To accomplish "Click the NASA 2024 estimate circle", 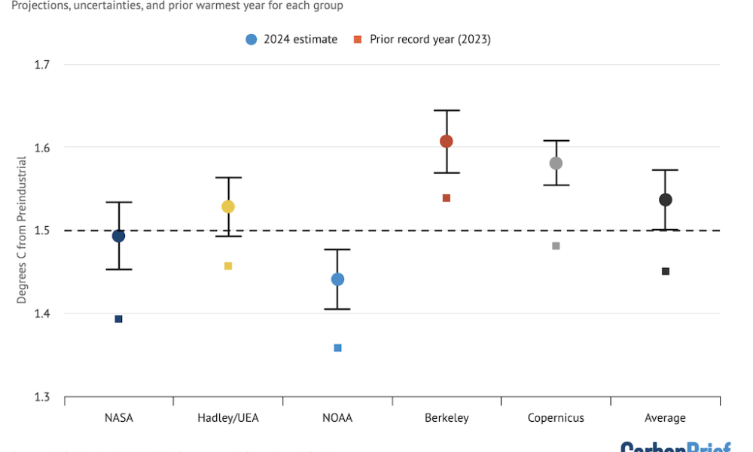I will pyautogui.click(x=118, y=236).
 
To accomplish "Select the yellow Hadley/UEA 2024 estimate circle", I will pyautogui.click(x=228, y=206).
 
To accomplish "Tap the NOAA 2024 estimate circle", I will pyautogui.click(x=337, y=279).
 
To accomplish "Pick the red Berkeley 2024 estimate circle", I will pyautogui.click(x=447, y=142).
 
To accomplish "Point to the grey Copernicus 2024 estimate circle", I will pyautogui.click(x=556, y=163).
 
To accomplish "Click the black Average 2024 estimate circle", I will pyautogui.click(x=666, y=200).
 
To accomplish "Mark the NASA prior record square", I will pyautogui.click(x=118, y=319).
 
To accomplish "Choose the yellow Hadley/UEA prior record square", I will pyautogui.click(x=228, y=266).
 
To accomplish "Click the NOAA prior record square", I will pyautogui.click(x=337, y=348).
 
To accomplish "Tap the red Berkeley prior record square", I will pyautogui.click(x=447, y=198).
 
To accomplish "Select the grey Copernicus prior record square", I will pyautogui.click(x=556, y=246).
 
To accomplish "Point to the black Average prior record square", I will pyautogui.click(x=666, y=271).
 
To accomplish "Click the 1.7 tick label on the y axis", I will pyautogui.click(x=41, y=65).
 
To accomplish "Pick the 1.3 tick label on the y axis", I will pyautogui.click(x=41, y=397).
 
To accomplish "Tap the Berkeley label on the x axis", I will pyautogui.click(x=447, y=418).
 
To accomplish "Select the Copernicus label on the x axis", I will pyautogui.click(x=556, y=418).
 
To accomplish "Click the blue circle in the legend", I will pyautogui.click(x=252, y=39).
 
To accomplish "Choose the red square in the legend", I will pyautogui.click(x=358, y=39).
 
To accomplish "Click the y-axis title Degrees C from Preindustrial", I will pyautogui.click(x=22, y=230).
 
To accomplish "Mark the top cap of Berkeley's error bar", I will pyautogui.click(x=447, y=111).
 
